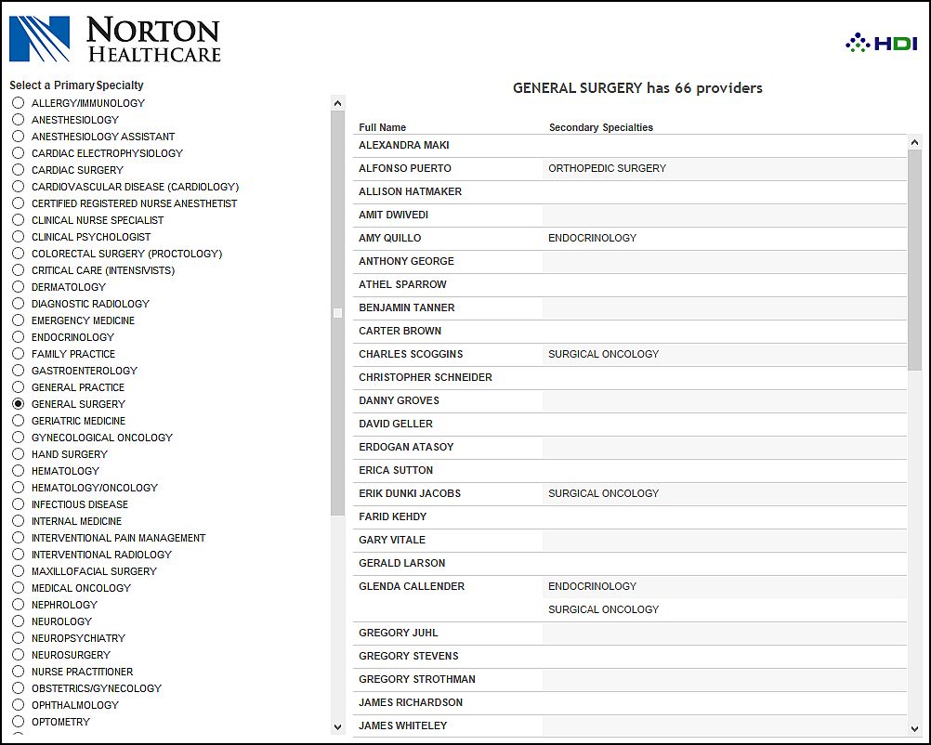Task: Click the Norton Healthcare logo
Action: pyautogui.click(x=115, y=39)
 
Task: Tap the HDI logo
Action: pyautogui.click(x=881, y=43)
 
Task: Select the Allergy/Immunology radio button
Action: pyautogui.click(x=19, y=103)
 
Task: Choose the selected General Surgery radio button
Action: pyautogui.click(x=19, y=404)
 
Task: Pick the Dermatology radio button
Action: pyautogui.click(x=19, y=287)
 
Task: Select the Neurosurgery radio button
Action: pyautogui.click(x=19, y=655)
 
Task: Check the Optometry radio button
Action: pyautogui.click(x=19, y=722)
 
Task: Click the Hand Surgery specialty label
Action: pyautogui.click(x=70, y=454)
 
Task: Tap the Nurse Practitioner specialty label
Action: pyautogui.click(x=82, y=672)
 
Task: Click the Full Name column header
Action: pyautogui.click(x=383, y=127)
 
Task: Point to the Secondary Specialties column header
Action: pyautogui.click(x=601, y=127)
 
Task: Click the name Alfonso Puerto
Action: pyautogui.click(x=405, y=168)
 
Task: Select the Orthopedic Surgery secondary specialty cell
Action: pyautogui.click(x=608, y=168)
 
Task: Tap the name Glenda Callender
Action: pyautogui.click(x=412, y=586)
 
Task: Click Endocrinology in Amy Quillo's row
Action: pyautogui.click(x=593, y=238)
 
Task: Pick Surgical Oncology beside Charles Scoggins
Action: pyautogui.click(x=604, y=354)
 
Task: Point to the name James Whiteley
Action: pyautogui.click(x=403, y=725)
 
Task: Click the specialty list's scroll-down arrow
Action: pyautogui.click(x=337, y=726)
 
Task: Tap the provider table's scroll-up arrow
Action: pyautogui.click(x=914, y=142)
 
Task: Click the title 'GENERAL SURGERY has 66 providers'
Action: pyautogui.click(x=637, y=88)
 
